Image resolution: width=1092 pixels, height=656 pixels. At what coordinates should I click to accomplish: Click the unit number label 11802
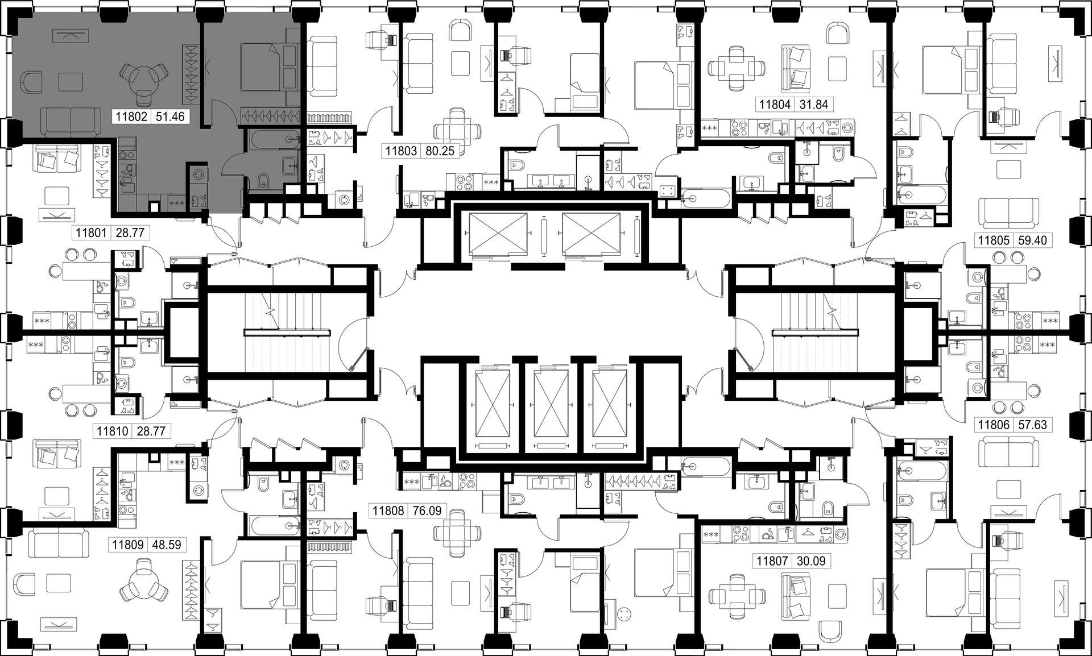pos(132,118)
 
